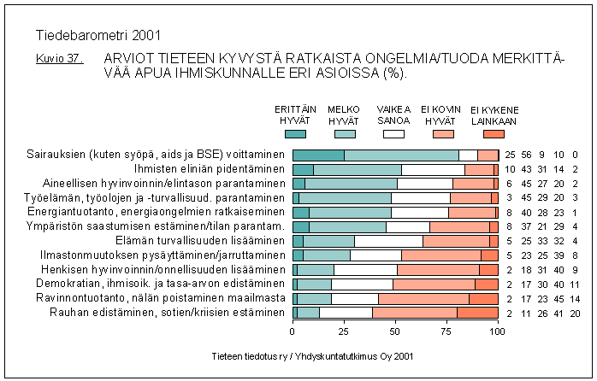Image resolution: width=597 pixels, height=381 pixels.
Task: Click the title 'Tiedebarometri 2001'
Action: pyautogui.click(x=98, y=36)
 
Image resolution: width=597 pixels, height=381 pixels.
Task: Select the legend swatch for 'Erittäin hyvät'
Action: pyautogui.click(x=294, y=133)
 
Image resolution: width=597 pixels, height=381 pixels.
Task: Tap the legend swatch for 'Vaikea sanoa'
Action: pyautogui.click(x=393, y=133)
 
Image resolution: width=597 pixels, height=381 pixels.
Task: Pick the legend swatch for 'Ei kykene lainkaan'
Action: pyautogui.click(x=493, y=133)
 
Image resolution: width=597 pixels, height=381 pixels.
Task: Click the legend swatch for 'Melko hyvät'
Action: pyautogui.click(x=344, y=133)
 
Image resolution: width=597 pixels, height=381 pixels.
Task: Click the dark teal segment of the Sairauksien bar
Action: pyautogui.click(x=318, y=155)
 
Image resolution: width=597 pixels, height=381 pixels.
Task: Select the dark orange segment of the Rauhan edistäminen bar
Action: pyautogui.click(x=477, y=312)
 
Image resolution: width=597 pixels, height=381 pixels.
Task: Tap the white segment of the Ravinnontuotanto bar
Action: pyautogui.click(x=355, y=298)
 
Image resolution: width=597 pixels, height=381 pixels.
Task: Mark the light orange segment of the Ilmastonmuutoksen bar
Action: pyautogui.click(x=441, y=255)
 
